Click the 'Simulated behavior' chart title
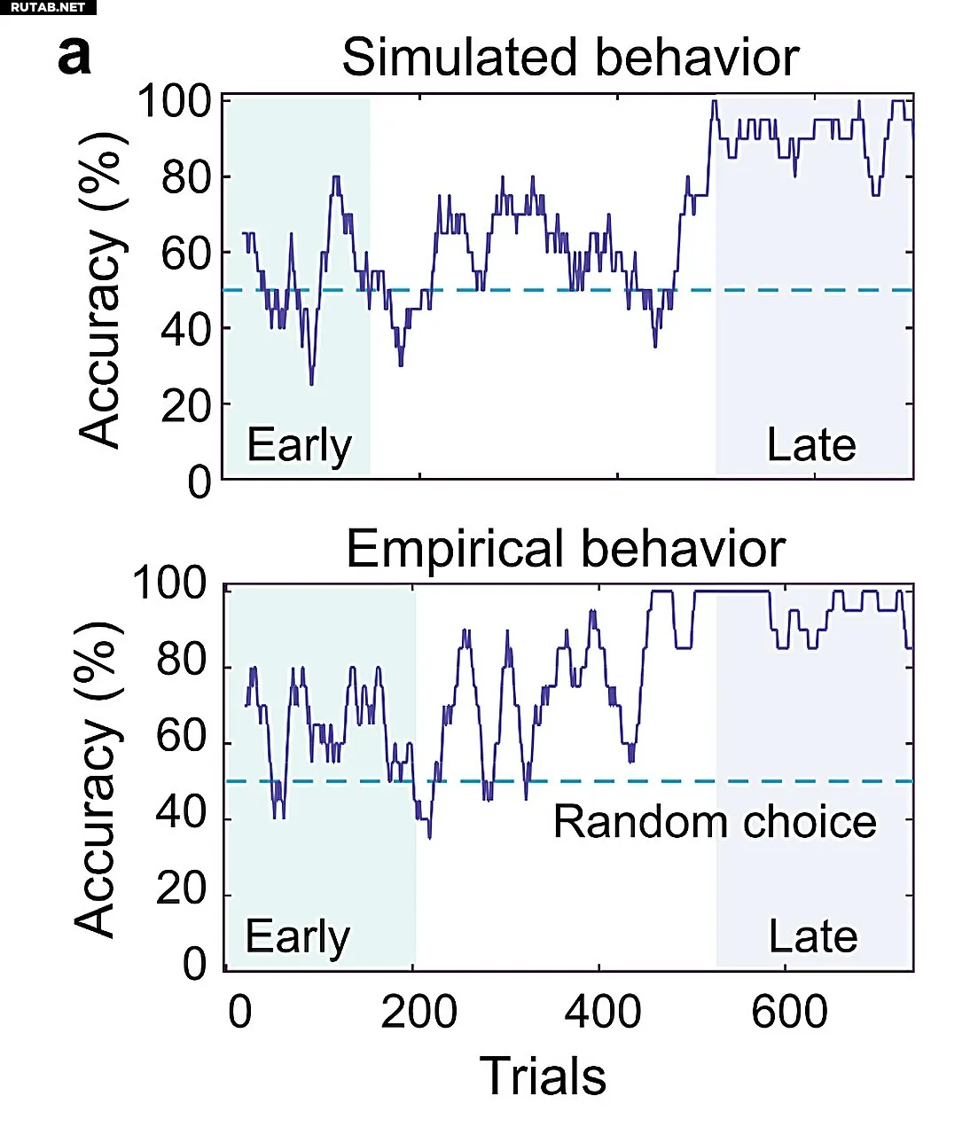[570, 58]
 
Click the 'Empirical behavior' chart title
[565, 549]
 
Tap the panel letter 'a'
[74, 56]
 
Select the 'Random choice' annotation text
[715, 822]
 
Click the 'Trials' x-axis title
[543, 1077]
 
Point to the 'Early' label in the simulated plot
[299, 445]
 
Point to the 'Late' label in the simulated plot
[811, 445]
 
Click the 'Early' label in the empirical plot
[297, 937]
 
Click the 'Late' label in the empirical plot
[812, 937]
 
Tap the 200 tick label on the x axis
[419, 1013]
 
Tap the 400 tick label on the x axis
[603, 1013]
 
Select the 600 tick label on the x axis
[789, 1013]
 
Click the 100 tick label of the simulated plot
[174, 102]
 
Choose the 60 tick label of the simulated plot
[187, 254]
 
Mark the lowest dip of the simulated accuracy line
[311, 384]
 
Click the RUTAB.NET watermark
[48, 7]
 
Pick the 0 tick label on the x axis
[240, 1013]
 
